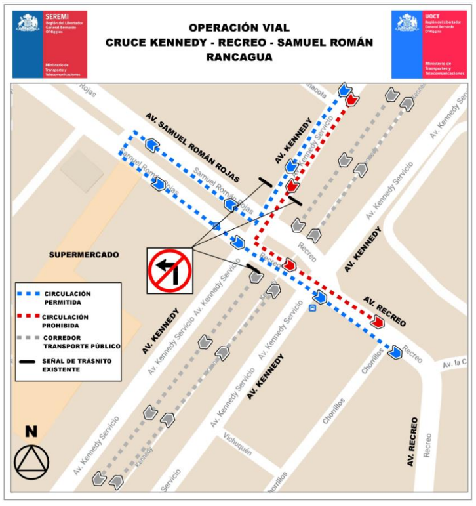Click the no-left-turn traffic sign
pos(169,270)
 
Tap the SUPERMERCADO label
pos(84,254)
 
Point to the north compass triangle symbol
pos(31,462)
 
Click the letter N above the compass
pos(31,432)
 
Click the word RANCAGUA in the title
pos(239,57)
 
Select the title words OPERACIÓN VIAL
pos(239,28)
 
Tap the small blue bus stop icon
pos(313,306)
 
